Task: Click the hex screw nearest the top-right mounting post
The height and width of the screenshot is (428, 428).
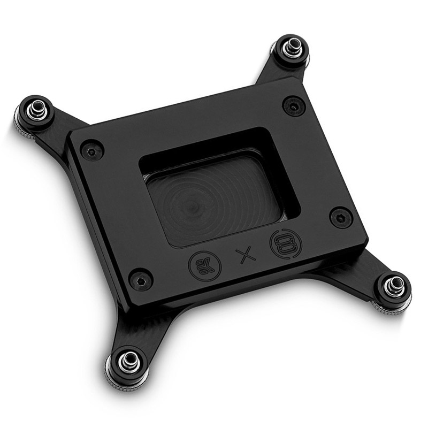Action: [x=293, y=105]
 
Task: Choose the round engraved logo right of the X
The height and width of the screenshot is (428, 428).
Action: [x=286, y=243]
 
